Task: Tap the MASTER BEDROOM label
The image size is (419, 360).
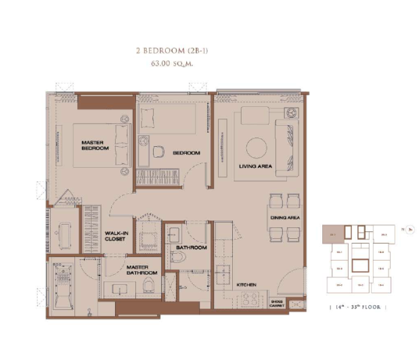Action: click(x=95, y=145)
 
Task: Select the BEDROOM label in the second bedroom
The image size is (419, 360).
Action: click(x=186, y=153)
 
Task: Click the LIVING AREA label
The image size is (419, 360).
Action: click(x=255, y=166)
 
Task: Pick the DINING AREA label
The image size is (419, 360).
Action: click(x=284, y=217)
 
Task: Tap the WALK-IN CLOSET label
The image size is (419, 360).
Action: click(x=116, y=236)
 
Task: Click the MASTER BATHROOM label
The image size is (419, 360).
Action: click(x=141, y=270)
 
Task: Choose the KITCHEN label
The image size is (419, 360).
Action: click(x=246, y=285)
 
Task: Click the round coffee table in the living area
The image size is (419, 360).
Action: click(x=257, y=148)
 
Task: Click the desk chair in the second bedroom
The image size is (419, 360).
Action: click(x=160, y=152)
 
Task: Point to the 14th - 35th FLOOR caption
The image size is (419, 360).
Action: click(x=357, y=307)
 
